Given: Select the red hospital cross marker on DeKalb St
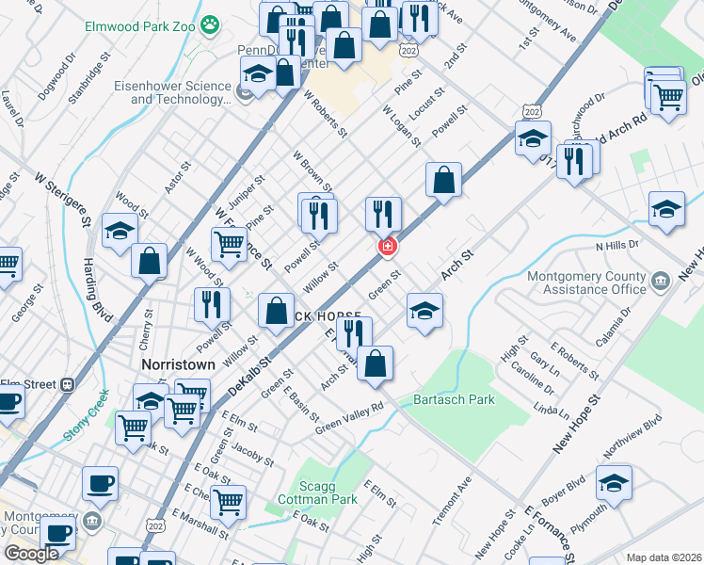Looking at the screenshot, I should (386, 246).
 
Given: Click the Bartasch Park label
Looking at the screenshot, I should (454, 399).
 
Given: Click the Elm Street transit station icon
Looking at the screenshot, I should (68, 384).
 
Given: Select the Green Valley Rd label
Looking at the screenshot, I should (350, 415).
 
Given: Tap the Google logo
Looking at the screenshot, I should (31, 554).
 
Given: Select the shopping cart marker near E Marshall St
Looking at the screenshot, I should (228, 503).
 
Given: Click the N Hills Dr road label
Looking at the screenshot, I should (616, 245).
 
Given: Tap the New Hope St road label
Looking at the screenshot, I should (576, 423).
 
